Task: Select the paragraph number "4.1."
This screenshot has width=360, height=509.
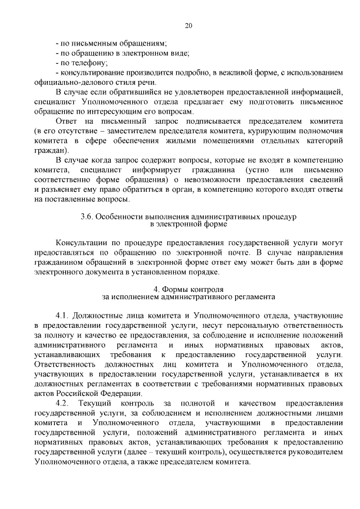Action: (62, 315)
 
